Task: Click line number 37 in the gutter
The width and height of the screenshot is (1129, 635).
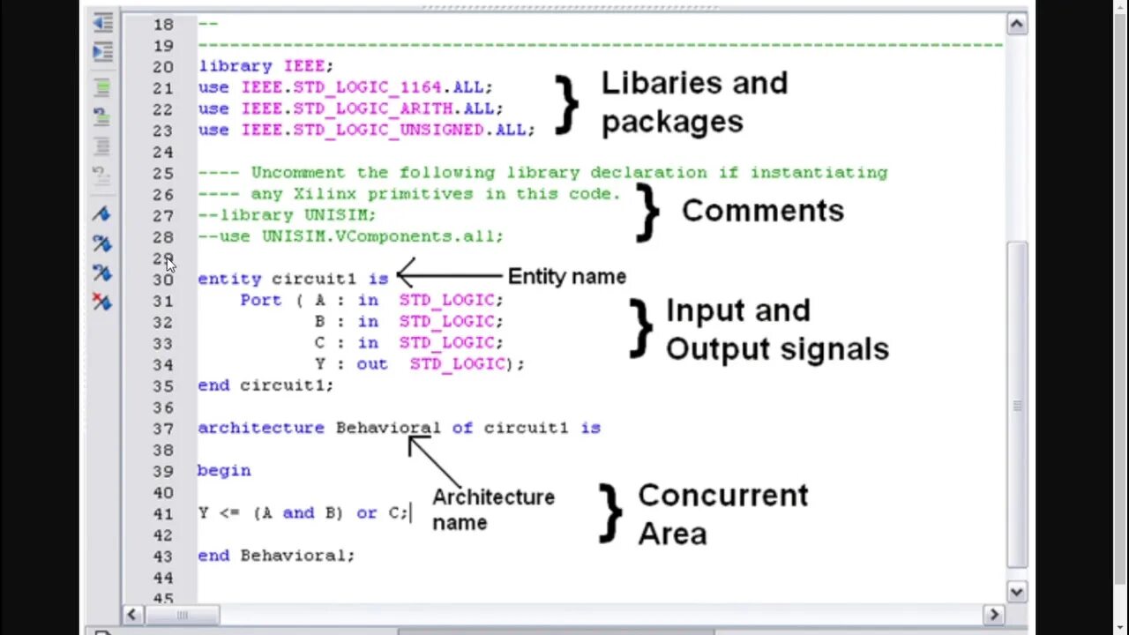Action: (162, 429)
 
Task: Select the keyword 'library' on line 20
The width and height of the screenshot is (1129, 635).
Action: (234, 66)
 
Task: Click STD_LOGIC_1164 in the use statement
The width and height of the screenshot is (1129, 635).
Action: (346, 87)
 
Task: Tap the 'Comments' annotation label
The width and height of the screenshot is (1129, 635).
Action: (762, 211)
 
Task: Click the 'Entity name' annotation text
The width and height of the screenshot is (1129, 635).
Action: (566, 277)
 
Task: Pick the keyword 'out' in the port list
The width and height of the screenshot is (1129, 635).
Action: (371, 363)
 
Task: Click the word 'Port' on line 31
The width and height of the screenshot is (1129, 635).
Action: (260, 300)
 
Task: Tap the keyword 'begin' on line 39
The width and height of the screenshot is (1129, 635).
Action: (224, 471)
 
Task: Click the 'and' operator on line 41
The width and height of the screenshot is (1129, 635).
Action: (298, 512)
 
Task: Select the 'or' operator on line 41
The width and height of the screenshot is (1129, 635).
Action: (367, 512)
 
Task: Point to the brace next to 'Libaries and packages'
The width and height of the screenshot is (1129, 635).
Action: (565, 104)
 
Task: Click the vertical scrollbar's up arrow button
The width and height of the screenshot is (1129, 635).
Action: (1016, 24)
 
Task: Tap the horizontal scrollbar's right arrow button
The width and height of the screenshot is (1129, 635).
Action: (993, 615)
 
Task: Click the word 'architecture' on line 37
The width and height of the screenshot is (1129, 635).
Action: (261, 428)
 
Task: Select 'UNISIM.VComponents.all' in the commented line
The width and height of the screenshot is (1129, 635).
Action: (381, 236)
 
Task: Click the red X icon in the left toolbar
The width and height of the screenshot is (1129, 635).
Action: (102, 302)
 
